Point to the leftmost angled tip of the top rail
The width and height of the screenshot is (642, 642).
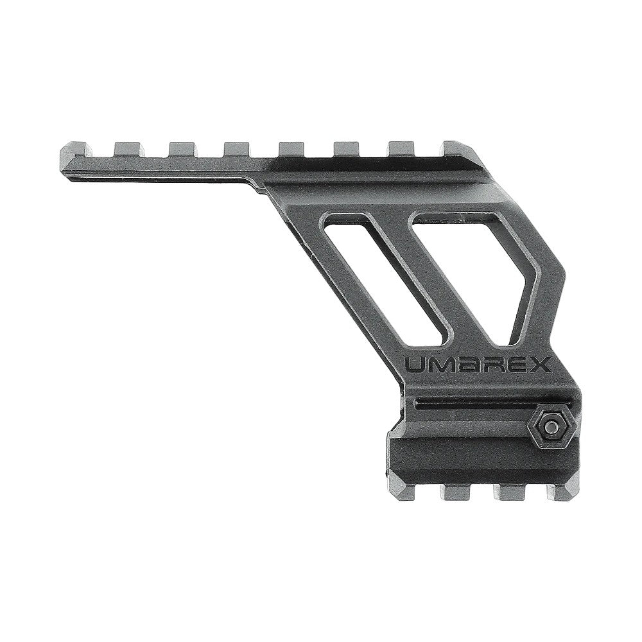(x=62, y=152)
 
